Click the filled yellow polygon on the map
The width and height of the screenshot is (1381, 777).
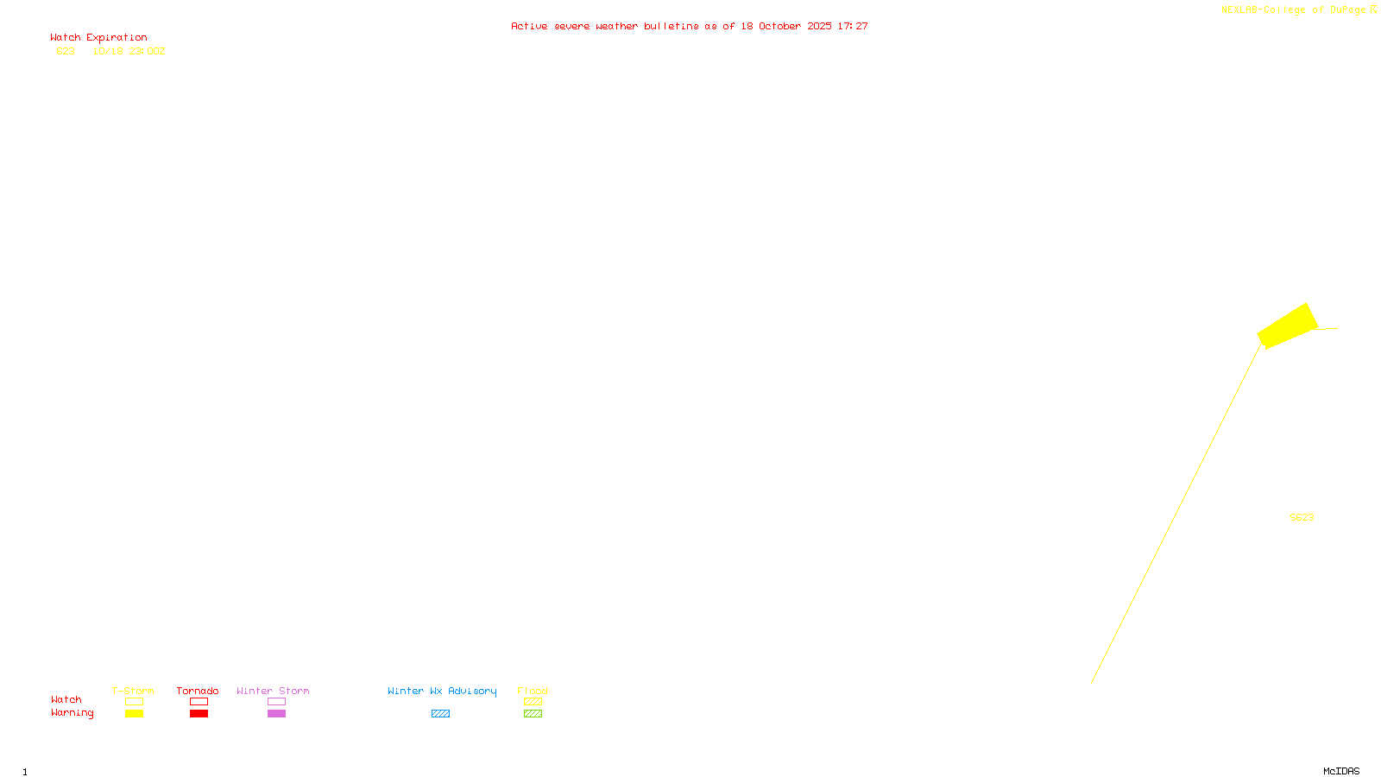coord(1287,325)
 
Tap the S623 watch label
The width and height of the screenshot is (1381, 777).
coord(1302,517)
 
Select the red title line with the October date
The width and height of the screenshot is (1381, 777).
coord(689,26)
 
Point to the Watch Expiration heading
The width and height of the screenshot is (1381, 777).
coord(98,38)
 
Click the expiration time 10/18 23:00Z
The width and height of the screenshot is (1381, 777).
coord(129,51)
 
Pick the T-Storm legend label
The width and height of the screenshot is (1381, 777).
coord(133,691)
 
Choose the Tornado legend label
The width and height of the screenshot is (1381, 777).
coord(198,691)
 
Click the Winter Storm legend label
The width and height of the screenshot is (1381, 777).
coord(273,691)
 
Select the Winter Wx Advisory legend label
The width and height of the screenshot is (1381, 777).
coord(442,691)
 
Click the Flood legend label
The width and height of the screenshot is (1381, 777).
coord(533,691)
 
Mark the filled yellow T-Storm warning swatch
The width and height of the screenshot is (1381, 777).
coord(134,713)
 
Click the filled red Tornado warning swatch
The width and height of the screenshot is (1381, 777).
coord(199,713)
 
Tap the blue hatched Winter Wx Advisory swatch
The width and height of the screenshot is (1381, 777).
coord(440,713)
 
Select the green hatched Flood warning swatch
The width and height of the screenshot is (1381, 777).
coord(533,713)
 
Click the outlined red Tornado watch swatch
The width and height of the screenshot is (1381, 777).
coord(199,701)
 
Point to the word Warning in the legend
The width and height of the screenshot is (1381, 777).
coord(73,713)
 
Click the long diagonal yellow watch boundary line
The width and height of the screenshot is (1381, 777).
coord(1176,514)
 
